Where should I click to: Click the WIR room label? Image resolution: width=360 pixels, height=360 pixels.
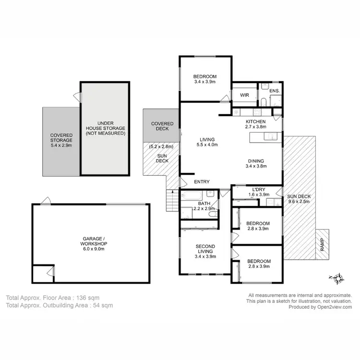click(x=245, y=96)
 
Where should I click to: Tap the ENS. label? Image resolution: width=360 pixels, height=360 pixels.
click(x=274, y=91)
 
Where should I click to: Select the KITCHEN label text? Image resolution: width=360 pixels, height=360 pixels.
click(x=256, y=122)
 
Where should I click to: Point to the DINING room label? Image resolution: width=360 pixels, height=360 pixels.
click(x=256, y=161)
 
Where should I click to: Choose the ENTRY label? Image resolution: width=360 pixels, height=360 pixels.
click(x=202, y=182)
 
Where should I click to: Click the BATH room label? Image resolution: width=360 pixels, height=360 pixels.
click(x=191, y=204)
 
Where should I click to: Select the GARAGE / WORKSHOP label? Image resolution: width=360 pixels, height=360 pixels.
click(x=91, y=241)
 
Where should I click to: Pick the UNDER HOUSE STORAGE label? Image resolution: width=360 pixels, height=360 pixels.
click(x=105, y=128)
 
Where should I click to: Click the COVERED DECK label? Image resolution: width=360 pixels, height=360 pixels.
click(x=162, y=127)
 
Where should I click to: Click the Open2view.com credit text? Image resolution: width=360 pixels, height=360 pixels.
click(x=333, y=307)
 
